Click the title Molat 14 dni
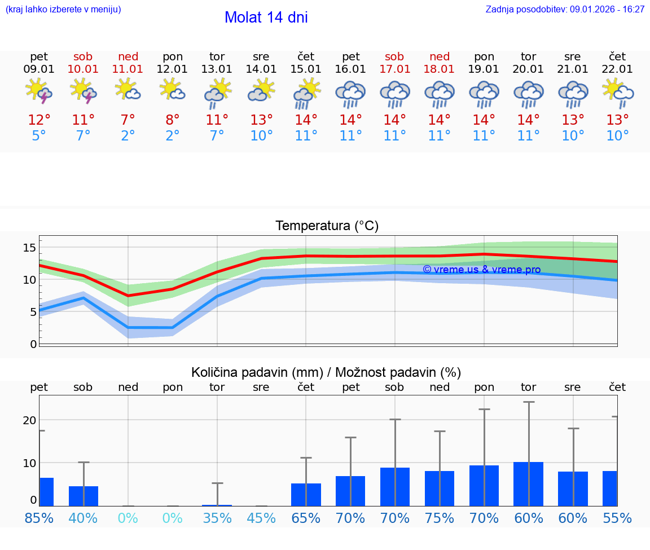click(x=266, y=17)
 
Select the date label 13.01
click(x=217, y=69)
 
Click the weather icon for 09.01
click(x=39, y=91)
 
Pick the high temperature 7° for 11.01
click(x=128, y=120)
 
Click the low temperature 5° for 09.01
click(x=39, y=136)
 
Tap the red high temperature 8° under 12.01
click(x=173, y=120)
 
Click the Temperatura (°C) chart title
click(x=327, y=226)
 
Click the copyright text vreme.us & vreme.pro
click(x=481, y=270)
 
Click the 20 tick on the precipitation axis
click(x=29, y=420)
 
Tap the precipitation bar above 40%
click(x=84, y=496)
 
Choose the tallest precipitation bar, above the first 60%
click(x=529, y=484)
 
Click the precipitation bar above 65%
click(x=306, y=495)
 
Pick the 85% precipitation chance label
click(x=39, y=518)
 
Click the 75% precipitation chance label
click(x=440, y=518)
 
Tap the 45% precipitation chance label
click(x=261, y=518)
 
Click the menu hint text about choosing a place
click(x=63, y=10)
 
